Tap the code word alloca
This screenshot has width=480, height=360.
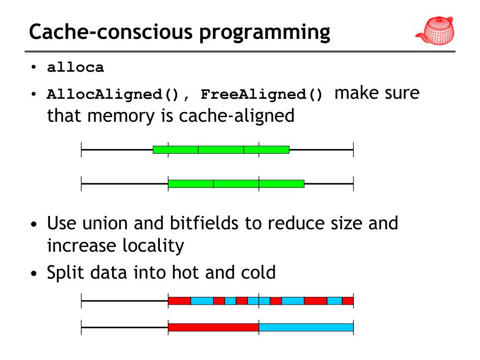point(75,68)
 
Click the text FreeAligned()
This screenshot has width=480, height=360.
point(262,95)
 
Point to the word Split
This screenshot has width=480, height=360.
point(63,272)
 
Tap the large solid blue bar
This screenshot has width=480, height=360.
point(306,327)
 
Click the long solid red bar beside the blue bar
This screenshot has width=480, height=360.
point(213,327)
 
